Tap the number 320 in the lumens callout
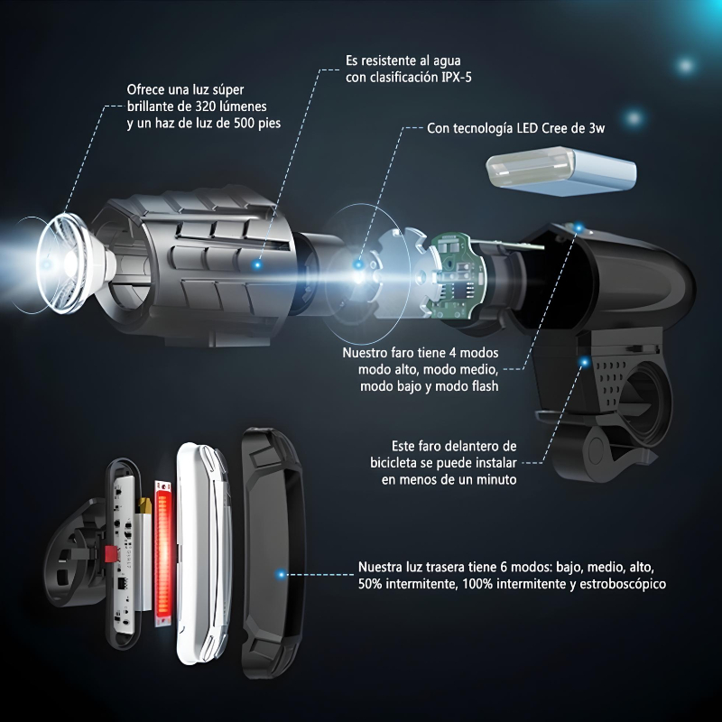click(x=206, y=106)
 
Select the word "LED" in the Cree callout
click(x=527, y=128)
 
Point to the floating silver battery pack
click(x=561, y=171)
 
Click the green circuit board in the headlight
click(x=454, y=276)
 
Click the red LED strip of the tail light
click(x=163, y=554)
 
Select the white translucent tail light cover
click(x=202, y=554)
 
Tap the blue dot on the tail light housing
click(x=281, y=574)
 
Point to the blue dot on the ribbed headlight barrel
click(x=257, y=264)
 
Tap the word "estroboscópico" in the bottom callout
click(x=622, y=584)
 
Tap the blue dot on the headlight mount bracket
click(x=584, y=363)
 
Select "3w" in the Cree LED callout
click(x=597, y=128)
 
